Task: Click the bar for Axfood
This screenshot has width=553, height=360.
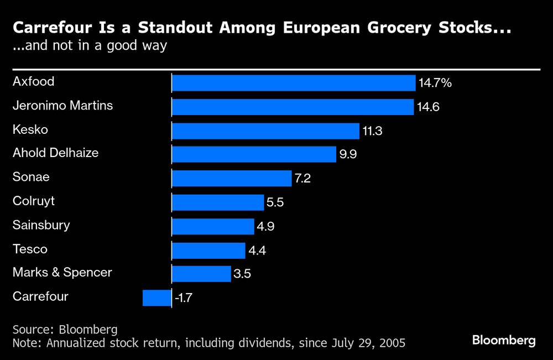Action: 293,83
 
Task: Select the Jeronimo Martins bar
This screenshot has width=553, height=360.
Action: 293,107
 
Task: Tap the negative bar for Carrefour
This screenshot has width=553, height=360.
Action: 157,298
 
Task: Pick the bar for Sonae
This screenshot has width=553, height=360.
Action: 231,179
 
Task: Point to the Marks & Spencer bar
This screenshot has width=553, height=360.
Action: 201,274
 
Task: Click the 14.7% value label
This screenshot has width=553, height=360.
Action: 435,84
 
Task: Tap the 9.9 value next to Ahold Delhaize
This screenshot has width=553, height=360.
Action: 348,155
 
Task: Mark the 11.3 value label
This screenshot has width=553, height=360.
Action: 372,131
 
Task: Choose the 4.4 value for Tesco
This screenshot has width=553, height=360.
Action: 257,251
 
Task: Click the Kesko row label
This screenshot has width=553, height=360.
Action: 30,130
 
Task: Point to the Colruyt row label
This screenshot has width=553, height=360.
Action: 34,201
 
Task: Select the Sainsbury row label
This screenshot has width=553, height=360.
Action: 41,225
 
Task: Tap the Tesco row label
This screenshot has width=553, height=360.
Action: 30,249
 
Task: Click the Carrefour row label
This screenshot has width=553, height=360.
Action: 40,296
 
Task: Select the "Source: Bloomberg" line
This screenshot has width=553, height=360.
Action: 65,330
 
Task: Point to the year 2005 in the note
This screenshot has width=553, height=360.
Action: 390,343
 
